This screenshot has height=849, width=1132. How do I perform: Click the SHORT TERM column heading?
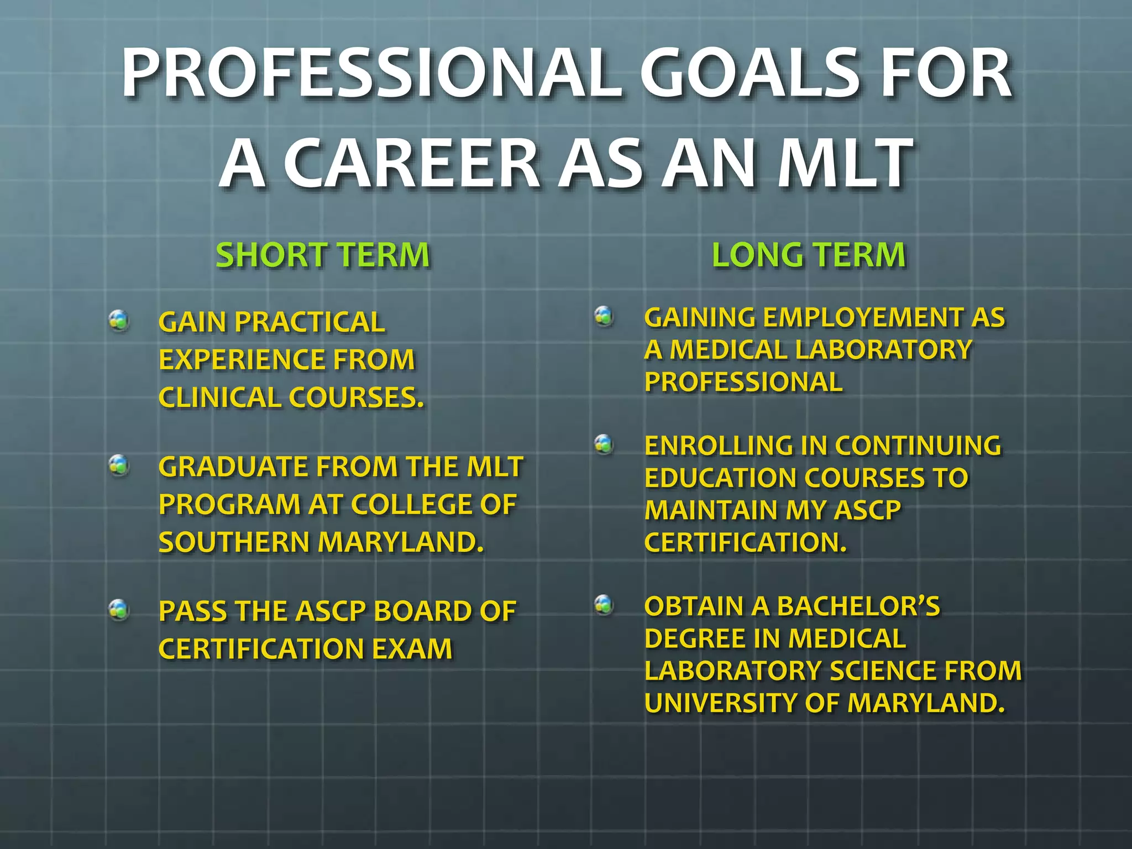click(x=323, y=255)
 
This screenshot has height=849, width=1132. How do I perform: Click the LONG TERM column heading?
click(x=809, y=255)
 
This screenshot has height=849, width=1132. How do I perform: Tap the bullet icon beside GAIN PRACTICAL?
click(x=119, y=320)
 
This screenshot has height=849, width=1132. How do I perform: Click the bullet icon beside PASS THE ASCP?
click(x=119, y=610)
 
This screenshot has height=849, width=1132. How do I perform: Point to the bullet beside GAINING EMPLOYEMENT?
click(x=604, y=316)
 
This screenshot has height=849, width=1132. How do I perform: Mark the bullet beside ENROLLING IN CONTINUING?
click(x=604, y=444)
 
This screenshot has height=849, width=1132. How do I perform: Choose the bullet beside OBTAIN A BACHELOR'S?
click(x=604, y=604)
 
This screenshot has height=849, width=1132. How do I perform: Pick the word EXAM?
click(x=412, y=649)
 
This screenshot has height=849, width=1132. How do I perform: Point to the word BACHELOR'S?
click(x=858, y=606)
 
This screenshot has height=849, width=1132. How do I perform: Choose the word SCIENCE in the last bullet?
click(x=882, y=671)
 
